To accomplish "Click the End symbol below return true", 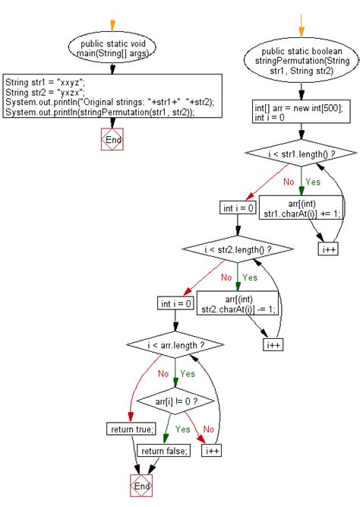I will (x=141, y=485).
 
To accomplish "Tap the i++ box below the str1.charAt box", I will (x=328, y=249).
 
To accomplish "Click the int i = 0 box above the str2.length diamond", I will (x=237, y=208).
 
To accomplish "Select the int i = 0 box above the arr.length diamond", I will (x=175, y=303).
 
